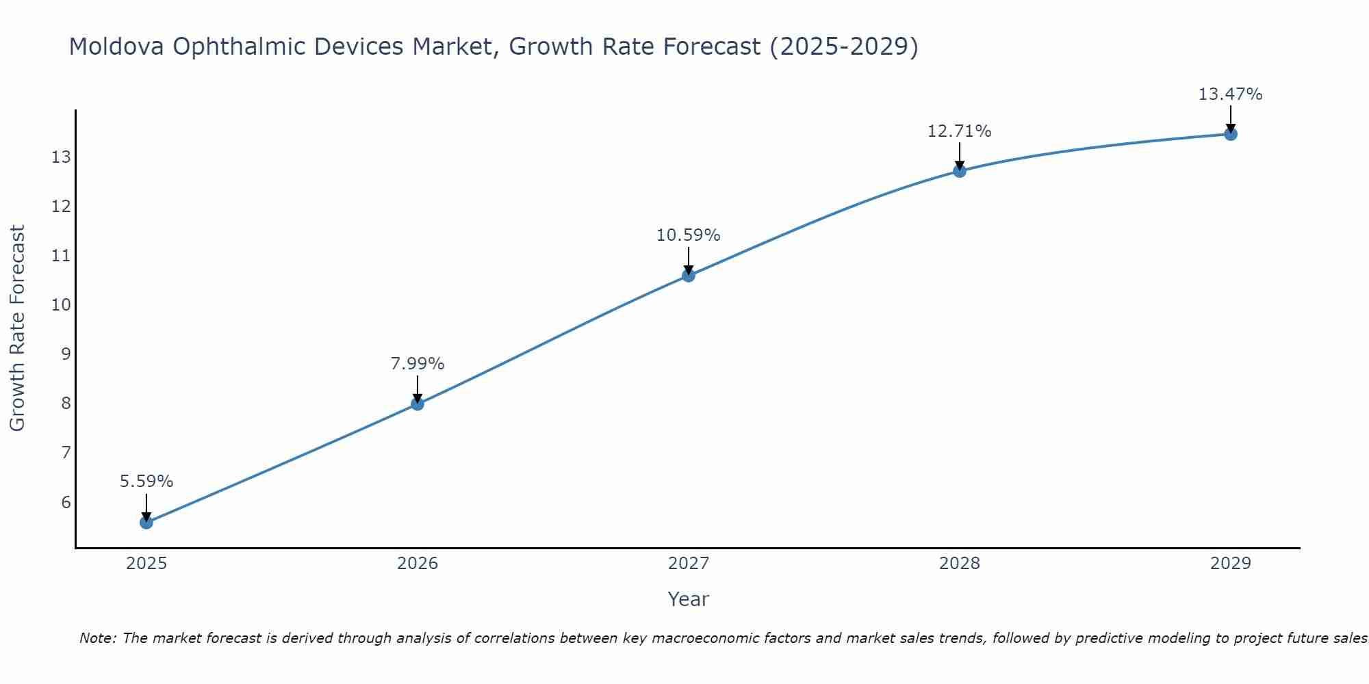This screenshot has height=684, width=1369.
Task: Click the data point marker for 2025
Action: (146, 523)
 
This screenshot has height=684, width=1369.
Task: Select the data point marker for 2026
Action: (418, 404)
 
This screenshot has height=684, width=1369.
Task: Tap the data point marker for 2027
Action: (689, 276)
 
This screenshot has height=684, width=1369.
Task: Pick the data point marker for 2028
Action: (960, 171)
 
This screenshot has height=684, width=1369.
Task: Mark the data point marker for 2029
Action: (1231, 134)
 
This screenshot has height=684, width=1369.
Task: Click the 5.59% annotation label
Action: (146, 482)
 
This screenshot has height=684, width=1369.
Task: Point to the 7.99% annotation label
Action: (418, 364)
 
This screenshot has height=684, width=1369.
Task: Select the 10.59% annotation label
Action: (689, 235)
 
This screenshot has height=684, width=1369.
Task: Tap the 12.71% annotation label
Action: (960, 131)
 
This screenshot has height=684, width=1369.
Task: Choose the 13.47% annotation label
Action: (1231, 94)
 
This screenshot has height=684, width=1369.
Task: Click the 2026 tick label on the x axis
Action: (418, 564)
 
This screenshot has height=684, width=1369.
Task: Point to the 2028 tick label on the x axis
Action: (960, 564)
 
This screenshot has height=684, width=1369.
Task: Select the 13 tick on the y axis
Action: (61, 157)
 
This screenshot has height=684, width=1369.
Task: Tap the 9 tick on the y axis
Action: (66, 354)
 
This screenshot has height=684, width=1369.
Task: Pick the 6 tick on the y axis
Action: (66, 503)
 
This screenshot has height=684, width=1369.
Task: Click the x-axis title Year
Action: (689, 599)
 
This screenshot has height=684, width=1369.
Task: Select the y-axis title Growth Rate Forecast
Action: (17, 328)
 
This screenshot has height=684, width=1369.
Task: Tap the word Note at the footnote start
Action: (98, 638)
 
